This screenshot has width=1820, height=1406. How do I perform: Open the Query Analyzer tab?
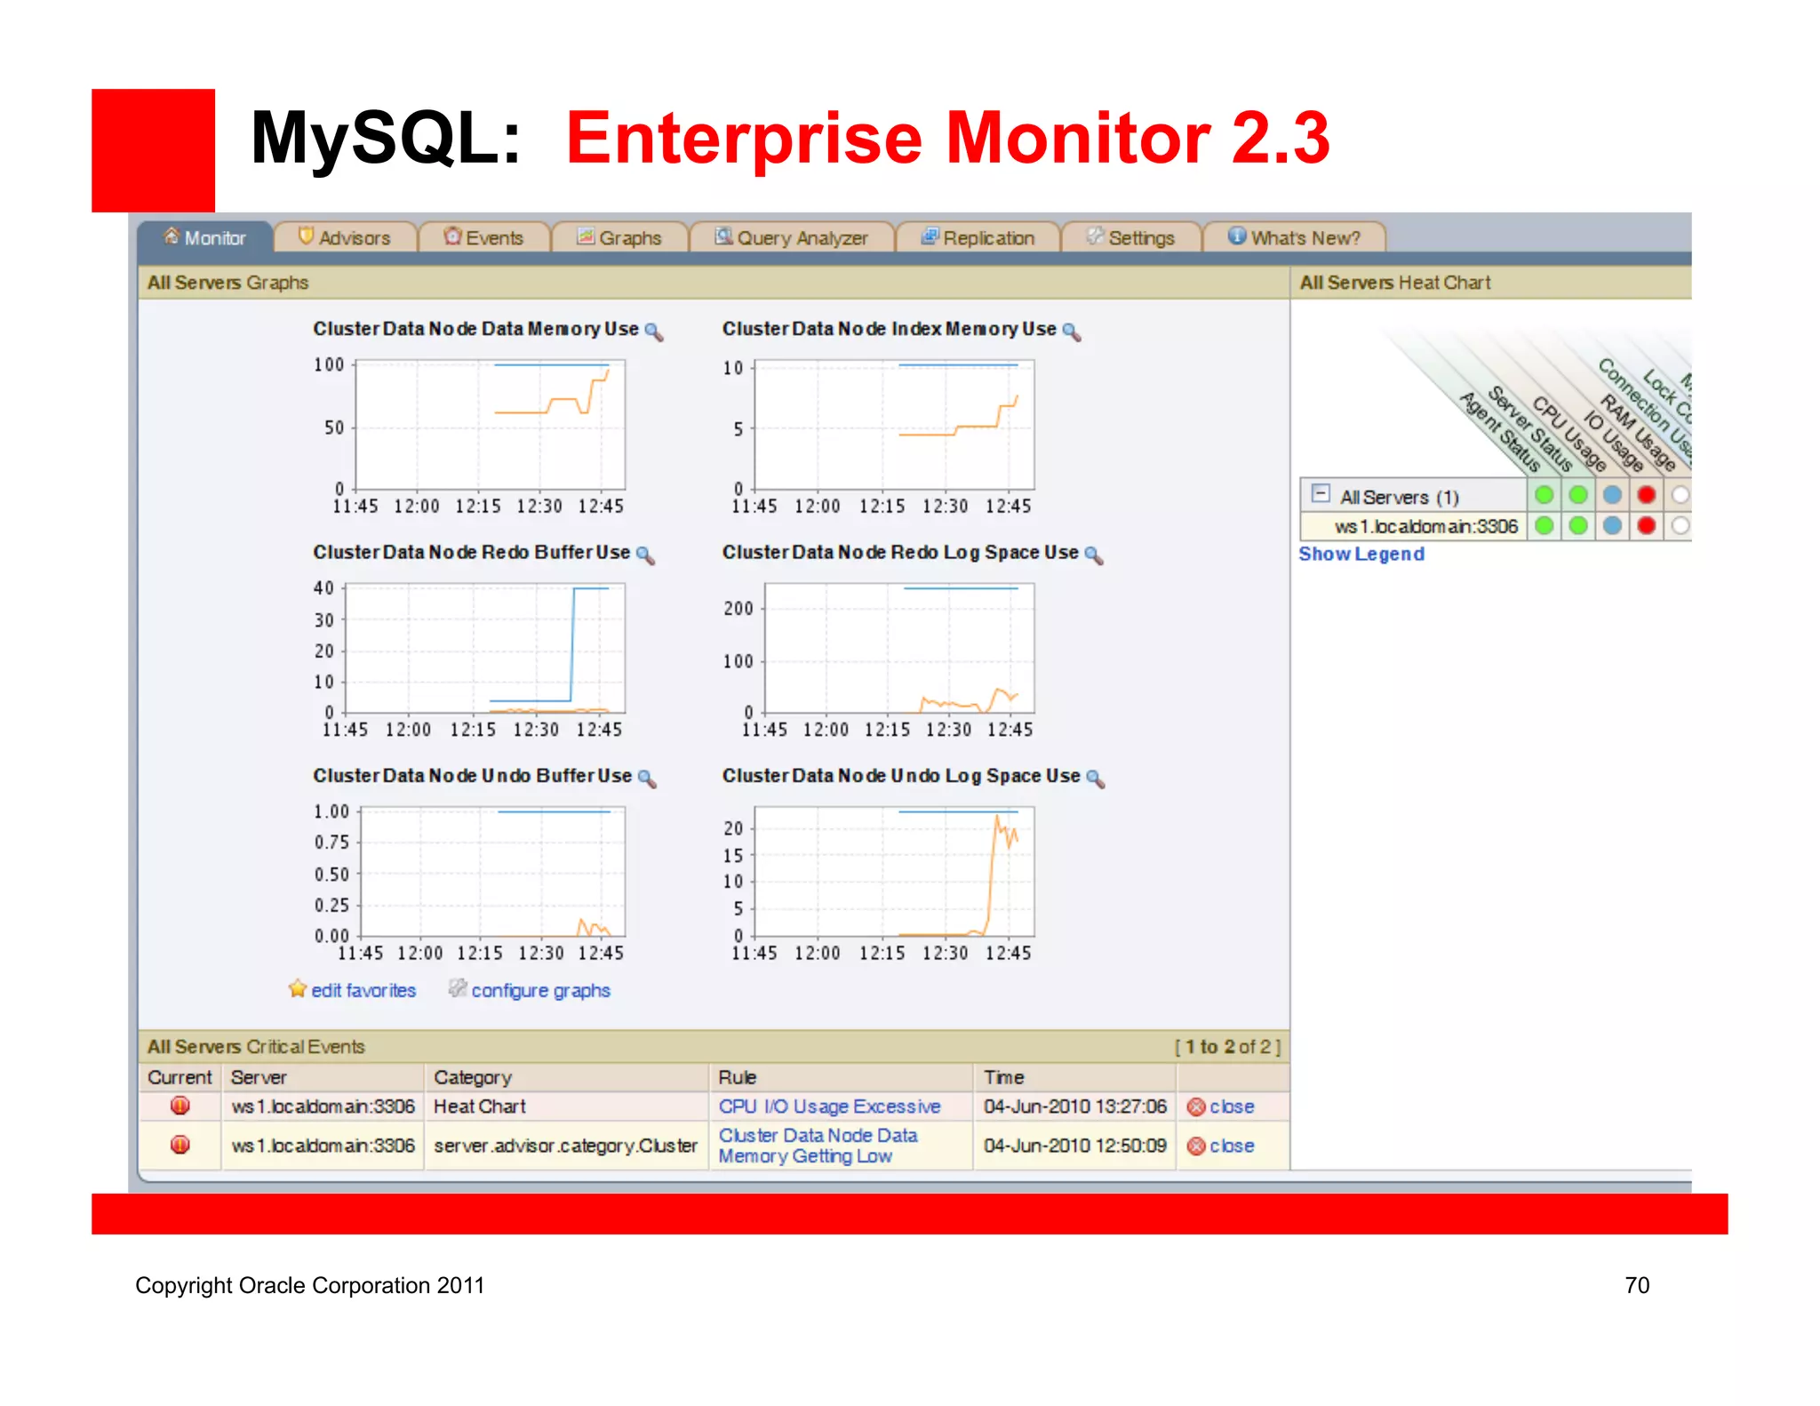tap(793, 238)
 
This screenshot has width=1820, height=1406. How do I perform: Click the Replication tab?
tap(978, 238)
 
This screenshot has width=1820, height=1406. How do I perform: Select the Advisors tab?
tap(346, 238)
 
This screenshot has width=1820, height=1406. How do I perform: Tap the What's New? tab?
tap(1295, 238)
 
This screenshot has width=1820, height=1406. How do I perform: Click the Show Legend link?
tap(1361, 554)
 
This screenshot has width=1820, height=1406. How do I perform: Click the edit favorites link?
tap(363, 990)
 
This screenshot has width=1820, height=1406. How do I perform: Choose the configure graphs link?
tap(540, 990)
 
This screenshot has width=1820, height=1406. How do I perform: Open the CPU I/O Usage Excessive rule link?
tap(829, 1106)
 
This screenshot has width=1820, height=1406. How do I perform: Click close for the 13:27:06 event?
tap(1231, 1106)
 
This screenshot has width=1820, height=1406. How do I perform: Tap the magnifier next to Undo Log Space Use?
tap(1096, 779)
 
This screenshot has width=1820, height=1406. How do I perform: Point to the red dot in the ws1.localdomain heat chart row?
tap(1646, 526)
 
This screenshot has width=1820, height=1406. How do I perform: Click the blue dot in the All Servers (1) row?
tap(1612, 495)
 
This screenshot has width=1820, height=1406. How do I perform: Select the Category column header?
tap(473, 1077)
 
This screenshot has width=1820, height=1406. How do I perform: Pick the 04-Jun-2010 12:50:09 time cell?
tap(1074, 1146)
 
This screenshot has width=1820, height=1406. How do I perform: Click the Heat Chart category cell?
tap(480, 1106)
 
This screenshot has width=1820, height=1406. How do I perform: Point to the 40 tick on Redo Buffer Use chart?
tap(323, 588)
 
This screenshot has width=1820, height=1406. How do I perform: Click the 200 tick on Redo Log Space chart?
tap(738, 609)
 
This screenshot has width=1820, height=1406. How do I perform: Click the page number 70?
tap(1637, 1285)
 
